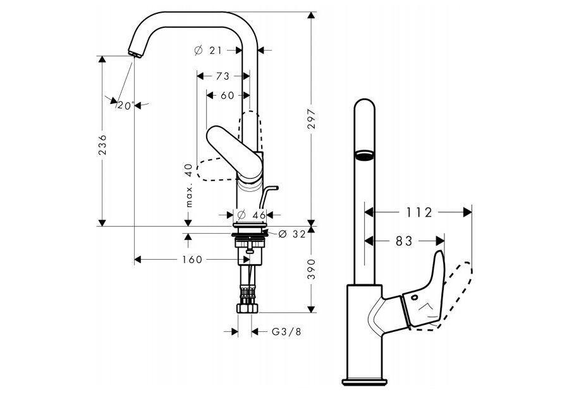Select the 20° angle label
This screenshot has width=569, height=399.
click(125, 105)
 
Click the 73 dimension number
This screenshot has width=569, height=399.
click(222, 76)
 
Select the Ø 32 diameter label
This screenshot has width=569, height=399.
click(291, 233)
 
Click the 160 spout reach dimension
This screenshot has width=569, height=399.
click(192, 259)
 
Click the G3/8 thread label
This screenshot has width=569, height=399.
click(286, 331)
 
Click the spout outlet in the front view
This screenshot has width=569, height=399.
click(363, 155)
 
